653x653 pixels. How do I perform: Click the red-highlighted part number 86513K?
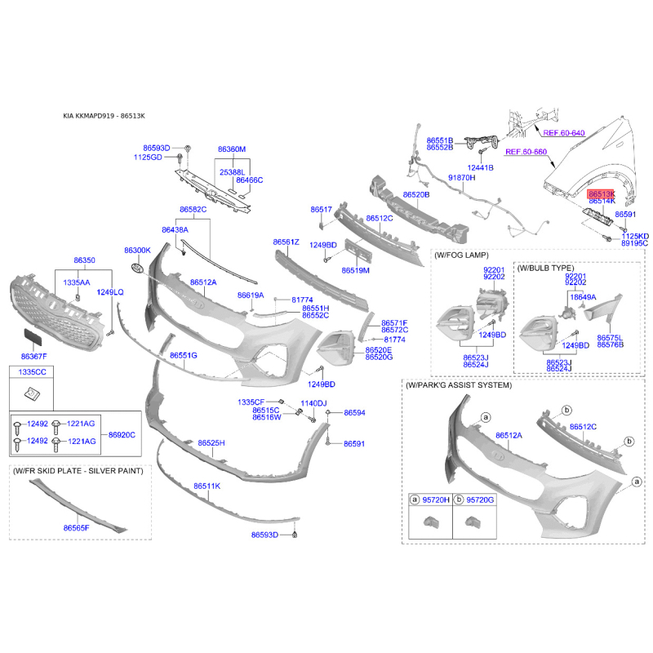601,194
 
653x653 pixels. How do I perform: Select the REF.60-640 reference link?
564,133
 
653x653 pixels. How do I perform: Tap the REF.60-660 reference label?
526,152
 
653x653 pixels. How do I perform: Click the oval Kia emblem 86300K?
137,268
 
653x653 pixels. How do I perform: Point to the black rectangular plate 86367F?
33,337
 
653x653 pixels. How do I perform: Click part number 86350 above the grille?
84,260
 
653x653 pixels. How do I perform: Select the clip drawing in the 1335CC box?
32,393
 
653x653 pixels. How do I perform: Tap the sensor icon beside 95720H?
429,522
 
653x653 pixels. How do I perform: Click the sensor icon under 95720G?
472,522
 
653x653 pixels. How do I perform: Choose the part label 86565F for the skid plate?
76,528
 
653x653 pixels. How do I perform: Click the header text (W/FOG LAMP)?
461,255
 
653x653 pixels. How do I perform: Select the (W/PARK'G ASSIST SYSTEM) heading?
459,385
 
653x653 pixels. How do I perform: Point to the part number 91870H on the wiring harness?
461,178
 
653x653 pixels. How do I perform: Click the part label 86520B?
416,194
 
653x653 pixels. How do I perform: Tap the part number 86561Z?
287,242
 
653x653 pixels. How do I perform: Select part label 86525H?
211,442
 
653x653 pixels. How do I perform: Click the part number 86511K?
207,486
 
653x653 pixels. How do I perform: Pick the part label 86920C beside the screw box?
122,435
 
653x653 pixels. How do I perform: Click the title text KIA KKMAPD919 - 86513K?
104,116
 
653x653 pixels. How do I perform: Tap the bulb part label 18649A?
583,297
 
